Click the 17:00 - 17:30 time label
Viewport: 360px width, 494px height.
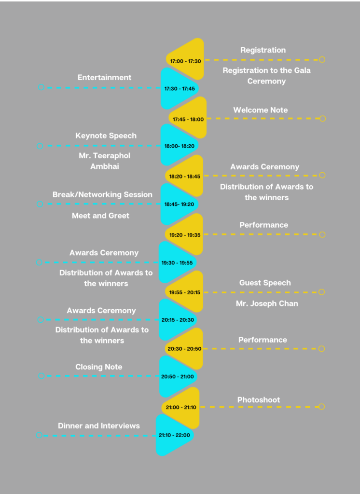point(185,61)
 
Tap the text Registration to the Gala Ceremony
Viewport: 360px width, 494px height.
point(267,76)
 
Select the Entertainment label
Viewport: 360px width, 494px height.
point(104,78)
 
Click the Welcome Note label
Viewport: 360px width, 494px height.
point(261,110)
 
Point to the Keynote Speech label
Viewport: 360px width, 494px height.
point(106,136)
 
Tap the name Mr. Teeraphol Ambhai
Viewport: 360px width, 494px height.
point(105,161)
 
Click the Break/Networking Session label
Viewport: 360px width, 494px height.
point(102,194)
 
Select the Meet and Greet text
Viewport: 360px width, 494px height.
point(100,216)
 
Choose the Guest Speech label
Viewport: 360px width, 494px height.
point(265,283)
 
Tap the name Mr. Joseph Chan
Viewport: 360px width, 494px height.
point(267,303)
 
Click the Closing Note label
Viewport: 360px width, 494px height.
point(98,367)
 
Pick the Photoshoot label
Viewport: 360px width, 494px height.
point(259,400)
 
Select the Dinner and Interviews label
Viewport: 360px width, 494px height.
point(98,425)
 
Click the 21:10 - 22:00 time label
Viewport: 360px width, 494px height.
point(174,435)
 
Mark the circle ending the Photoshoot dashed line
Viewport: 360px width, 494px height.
point(321,407)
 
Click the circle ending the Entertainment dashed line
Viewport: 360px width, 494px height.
point(41,87)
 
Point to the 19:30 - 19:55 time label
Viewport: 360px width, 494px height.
point(177,263)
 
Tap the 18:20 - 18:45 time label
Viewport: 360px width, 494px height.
point(185,177)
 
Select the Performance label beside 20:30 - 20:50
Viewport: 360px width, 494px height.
point(263,340)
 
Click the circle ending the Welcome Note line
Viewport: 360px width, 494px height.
point(322,119)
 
